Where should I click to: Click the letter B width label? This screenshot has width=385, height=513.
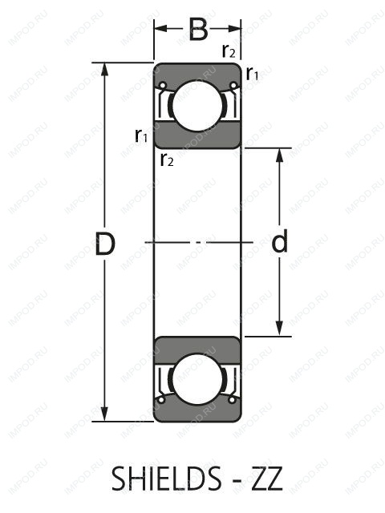tap(198, 31)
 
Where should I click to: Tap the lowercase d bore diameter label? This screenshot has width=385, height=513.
tap(279, 242)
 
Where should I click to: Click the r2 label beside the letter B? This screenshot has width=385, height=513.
tap(229, 52)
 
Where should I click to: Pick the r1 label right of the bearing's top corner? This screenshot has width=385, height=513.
tap(252, 75)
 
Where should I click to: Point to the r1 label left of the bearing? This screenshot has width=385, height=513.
tap(141, 135)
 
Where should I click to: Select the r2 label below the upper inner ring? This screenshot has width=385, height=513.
tap(167, 160)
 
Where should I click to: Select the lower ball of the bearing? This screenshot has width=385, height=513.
tap(197, 380)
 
